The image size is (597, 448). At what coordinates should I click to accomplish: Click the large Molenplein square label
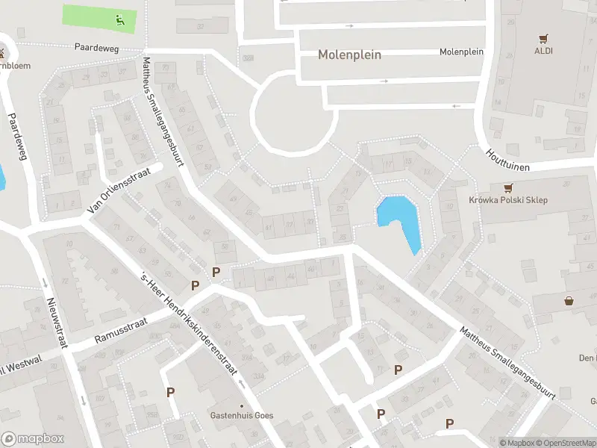click(349, 55)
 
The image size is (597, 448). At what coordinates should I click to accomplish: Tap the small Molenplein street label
click(461, 52)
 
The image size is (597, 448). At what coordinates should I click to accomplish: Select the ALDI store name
click(543, 51)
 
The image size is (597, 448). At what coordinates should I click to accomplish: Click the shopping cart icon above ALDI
click(543, 38)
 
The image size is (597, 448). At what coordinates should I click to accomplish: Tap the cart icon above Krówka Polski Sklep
click(509, 187)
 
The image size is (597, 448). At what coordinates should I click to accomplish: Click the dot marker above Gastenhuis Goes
click(241, 406)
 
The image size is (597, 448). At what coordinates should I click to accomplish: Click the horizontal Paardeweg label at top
click(97, 46)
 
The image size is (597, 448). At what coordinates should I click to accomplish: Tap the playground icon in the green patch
click(119, 19)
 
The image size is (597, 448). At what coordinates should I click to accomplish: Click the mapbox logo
click(33, 439)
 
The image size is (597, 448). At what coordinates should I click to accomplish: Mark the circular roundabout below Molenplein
click(293, 116)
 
